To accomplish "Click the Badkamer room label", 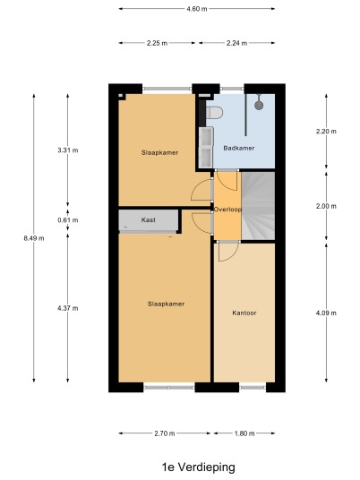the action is click(239, 148).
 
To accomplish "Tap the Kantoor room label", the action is click(244, 313).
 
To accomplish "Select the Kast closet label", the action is click(148, 219).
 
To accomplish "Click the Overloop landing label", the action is click(227, 210).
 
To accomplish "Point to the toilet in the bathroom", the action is click(214, 112).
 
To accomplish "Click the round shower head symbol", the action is click(259, 106).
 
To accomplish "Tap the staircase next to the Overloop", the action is click(258, 206).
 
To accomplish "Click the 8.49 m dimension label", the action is click(34, 238).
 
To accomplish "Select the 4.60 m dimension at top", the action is click(197, 9).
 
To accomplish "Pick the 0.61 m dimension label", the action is click(68, 220).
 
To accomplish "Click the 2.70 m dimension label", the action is click(165, 433).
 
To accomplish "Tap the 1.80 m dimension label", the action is click(244, 433).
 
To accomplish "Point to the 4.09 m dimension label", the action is click(326, 313).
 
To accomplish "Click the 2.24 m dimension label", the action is click(237, 43).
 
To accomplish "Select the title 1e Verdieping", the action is click(199, 467).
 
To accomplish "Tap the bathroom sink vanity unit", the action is click(206, 147).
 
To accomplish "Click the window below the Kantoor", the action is click(253, 388).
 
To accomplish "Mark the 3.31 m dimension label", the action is click(68, 150).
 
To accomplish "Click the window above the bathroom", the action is click(232, 89).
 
